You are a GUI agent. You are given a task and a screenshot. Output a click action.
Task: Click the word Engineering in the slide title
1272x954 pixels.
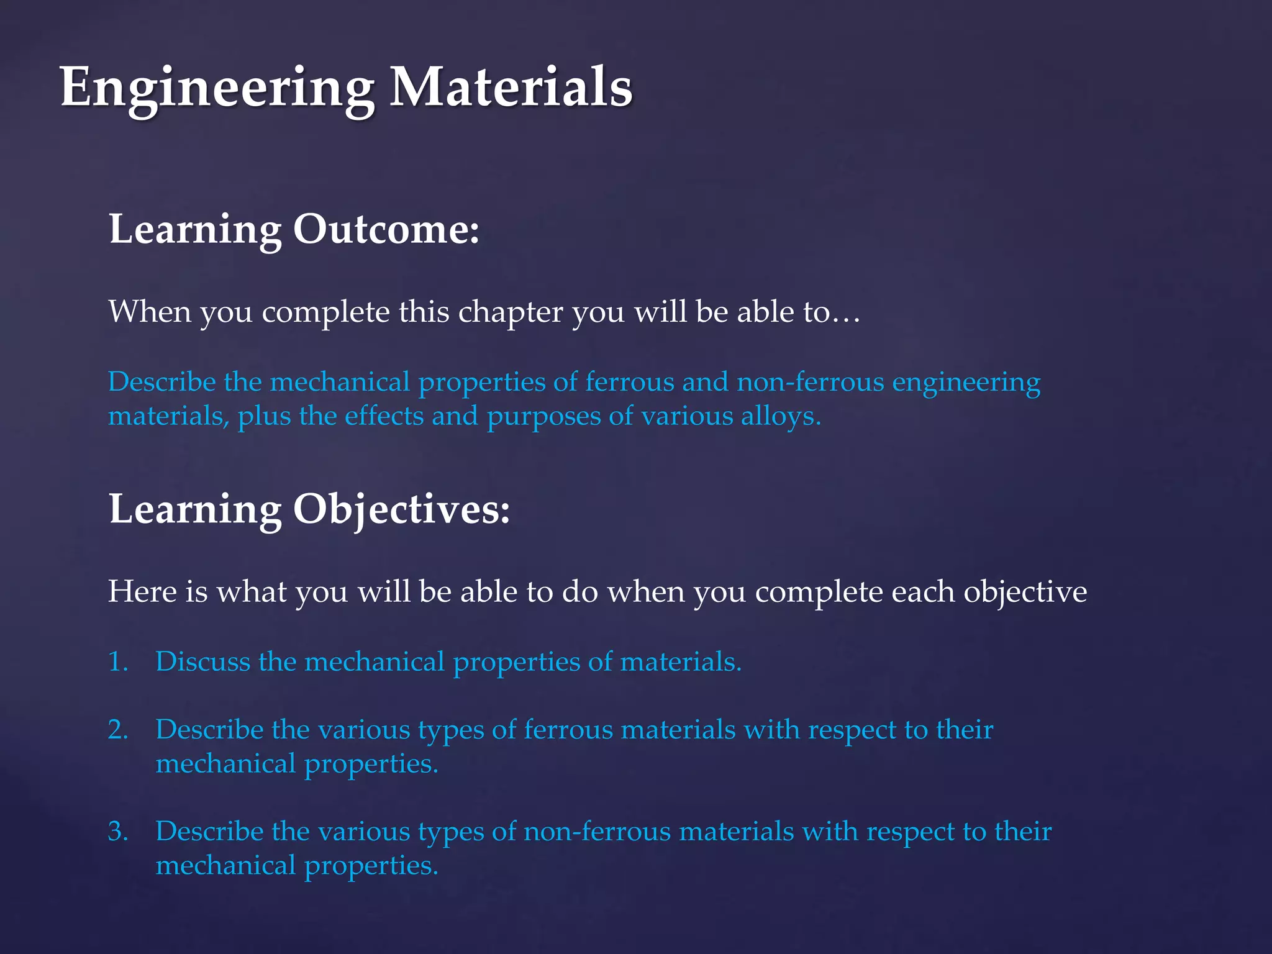pos(217,88)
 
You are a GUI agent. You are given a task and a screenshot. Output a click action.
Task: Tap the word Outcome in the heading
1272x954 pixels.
pos(386,229)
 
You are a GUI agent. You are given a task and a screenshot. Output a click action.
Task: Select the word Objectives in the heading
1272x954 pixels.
pos(401,509)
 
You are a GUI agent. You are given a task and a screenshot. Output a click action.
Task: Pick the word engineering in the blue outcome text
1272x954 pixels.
pos(966,383)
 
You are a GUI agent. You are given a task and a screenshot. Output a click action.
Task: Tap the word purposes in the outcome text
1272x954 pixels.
pos(543,417)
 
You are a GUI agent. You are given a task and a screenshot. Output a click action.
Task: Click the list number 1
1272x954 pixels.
pos(117,661)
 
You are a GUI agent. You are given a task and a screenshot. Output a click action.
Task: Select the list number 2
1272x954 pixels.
pos(118,730)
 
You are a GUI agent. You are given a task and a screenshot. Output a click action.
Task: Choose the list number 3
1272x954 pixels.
pos(118,832)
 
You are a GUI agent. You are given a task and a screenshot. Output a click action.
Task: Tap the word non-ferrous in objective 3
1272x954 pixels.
pos(597,832)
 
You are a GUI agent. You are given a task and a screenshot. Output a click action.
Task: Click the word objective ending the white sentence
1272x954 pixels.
pos(1025,592)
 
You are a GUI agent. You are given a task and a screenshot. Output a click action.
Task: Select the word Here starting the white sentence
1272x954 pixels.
pos(142,591)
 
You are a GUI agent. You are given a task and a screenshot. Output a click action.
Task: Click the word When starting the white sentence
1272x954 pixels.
pos(150,311)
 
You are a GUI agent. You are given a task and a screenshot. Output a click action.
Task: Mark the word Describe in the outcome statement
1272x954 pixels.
pos(162,382)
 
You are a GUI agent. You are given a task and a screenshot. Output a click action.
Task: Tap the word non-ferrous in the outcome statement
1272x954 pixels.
pos(810,382)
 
